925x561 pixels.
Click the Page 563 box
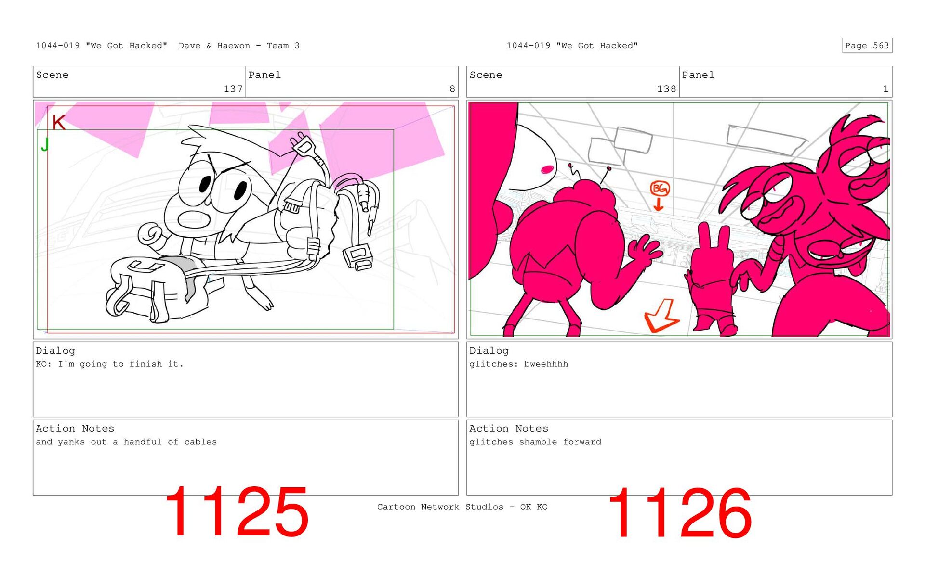tap(867, 46)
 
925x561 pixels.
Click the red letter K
tap(58, 122)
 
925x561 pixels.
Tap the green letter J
tap(45, 144)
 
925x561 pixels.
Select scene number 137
tap(233, 89)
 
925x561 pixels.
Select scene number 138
tap(666, 89)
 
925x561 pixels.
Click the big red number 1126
tap(679, 512)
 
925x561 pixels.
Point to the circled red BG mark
tap(660, 189)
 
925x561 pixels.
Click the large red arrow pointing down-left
tap(662, 316)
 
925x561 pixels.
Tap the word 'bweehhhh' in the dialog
tap(546, 364)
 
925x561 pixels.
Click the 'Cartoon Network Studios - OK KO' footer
tap(462, 507)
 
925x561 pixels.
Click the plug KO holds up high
tap(303, 144)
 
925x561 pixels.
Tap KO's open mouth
tap(194, 220)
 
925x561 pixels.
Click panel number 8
tap(452, 89)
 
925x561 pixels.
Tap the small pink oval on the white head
tap(547, 169)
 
